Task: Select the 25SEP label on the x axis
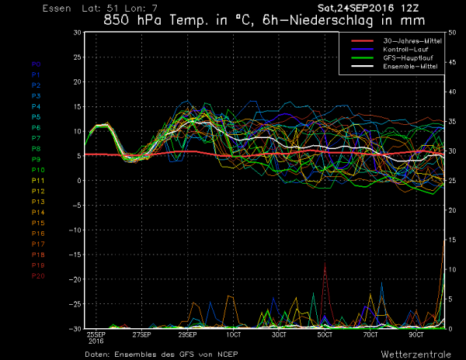[97, 334]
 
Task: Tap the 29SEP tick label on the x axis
[188, 334]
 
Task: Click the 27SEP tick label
[142, 334]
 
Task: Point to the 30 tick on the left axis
[76, 33]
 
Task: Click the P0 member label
[36, 64]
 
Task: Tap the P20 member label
[37, 275]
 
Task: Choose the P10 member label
[37, 170]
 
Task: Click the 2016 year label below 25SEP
[97, 341]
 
